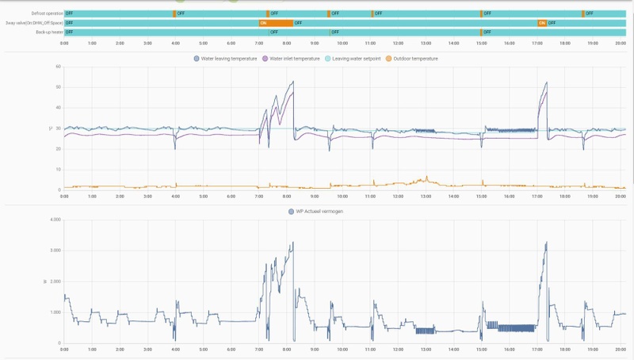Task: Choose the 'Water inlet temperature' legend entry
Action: [x=294, y=59]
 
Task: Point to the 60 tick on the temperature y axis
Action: [x=58, y=67]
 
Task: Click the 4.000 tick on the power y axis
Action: [x=55, y=220]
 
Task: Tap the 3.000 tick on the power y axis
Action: [x=55, y=251]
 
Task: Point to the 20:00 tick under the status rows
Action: [x=621, y=43]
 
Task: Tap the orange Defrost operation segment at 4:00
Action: [x=174, y=13]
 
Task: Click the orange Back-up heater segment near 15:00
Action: [x=480, y=33]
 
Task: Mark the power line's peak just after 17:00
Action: [x=546, y=243]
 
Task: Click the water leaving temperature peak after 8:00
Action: [x=293, y=82]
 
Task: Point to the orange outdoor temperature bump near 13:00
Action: [x=426, y=177]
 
